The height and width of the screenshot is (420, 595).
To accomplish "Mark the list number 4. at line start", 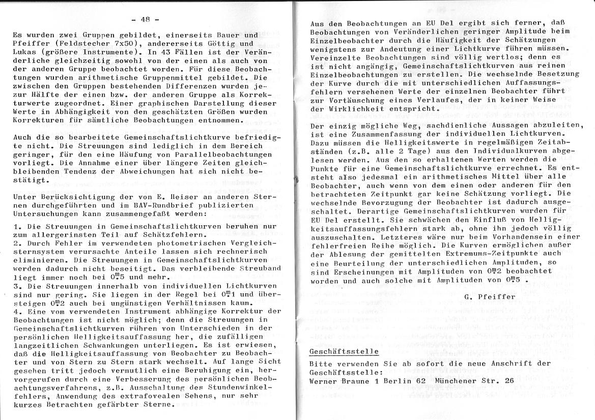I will (x=17, y=311).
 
